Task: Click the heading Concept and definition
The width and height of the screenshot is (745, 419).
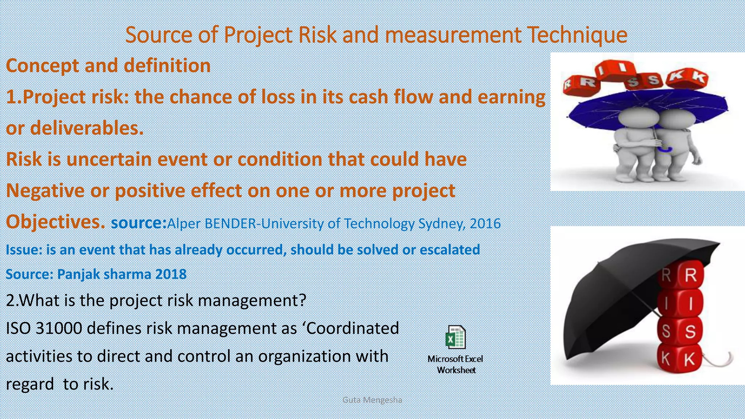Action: [x=108, y=66]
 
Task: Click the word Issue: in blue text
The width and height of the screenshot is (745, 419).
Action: [x=24, y=250]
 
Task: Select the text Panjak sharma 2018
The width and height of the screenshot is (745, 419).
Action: [x=121, y=274]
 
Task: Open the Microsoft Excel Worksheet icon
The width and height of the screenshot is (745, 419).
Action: [x=455, y=337]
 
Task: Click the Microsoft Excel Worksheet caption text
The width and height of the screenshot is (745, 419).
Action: [x=455, y=364]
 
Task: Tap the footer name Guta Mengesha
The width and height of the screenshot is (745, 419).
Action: [x=372, y=400]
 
